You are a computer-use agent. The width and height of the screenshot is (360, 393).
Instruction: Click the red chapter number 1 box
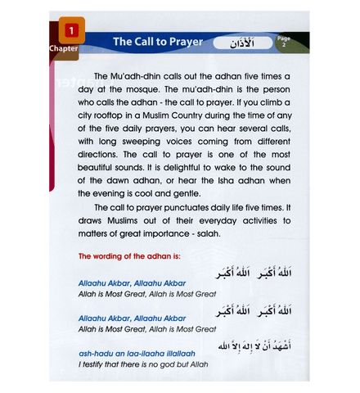point(71,32)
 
